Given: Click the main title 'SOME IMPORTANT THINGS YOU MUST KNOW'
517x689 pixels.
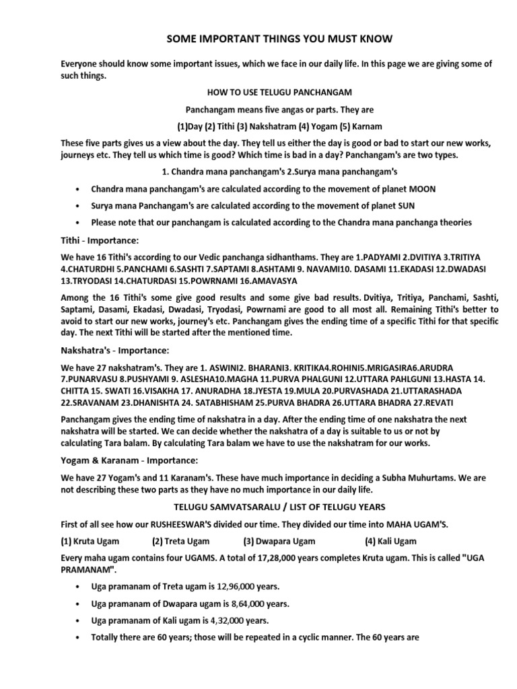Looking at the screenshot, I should coord(279,40).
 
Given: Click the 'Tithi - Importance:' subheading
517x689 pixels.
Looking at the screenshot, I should coord(100,240).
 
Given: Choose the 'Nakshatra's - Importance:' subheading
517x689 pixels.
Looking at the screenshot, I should coord(115,351).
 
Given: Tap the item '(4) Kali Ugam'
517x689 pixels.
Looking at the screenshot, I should coord(390,541).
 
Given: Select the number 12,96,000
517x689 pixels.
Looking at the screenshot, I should coord(228,587).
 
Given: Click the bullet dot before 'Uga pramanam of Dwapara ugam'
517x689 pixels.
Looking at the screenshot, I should coord(79,604).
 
